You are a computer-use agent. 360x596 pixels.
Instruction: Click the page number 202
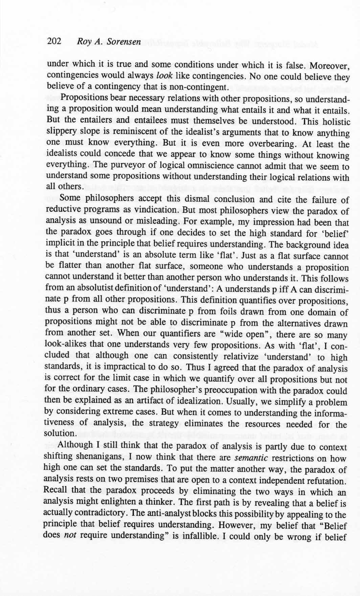click(x=54, y=41)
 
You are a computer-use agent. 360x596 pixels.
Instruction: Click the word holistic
click(x=333, y=121)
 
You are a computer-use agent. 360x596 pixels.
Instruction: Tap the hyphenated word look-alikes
click(x=66, y=345)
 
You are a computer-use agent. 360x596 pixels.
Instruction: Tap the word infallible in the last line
click(x=215, y=537)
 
